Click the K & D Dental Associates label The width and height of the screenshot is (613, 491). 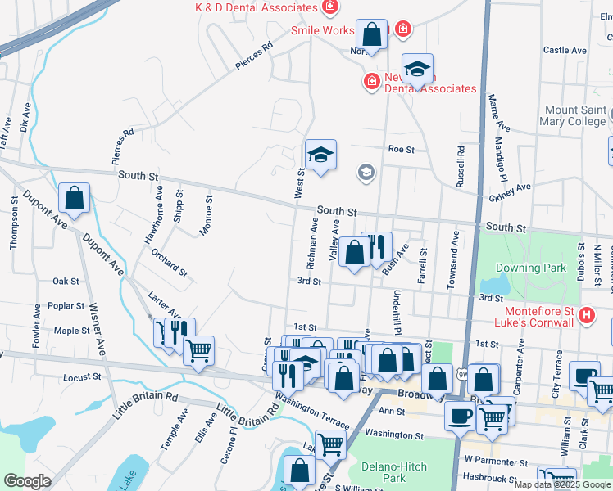tap(256, 7)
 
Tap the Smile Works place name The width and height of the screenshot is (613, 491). tap(323, 31)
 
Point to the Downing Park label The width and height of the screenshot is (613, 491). tap(530, 268)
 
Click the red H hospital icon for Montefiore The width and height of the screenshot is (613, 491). tap(586, 315)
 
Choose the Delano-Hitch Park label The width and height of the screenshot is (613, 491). tap(394, 472)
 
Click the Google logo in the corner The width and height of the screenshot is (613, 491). tap(26, 481)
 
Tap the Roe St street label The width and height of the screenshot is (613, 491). tap(402, 150)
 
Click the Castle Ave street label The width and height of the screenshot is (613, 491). tap(565, 50)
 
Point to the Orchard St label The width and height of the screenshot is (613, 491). tap(169, 261)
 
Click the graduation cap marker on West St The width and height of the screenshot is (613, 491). tap(320, 153)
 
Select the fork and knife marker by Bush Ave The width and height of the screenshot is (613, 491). tap(376, 246)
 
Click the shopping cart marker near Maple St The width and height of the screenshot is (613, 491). tap(198, 349)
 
